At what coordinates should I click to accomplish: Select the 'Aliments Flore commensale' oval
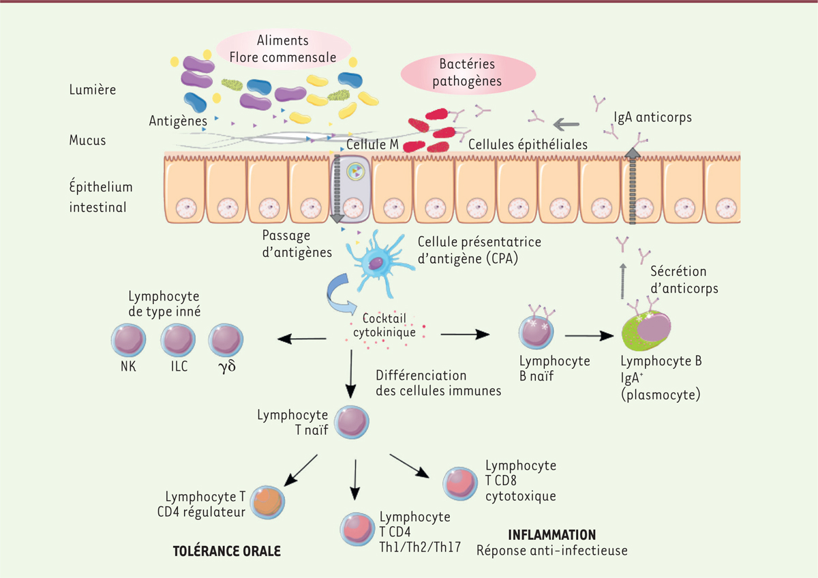tap(284, 48)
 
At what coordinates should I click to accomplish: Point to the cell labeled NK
tap(128, 339)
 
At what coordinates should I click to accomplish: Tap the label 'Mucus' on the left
tap(88, 140)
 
